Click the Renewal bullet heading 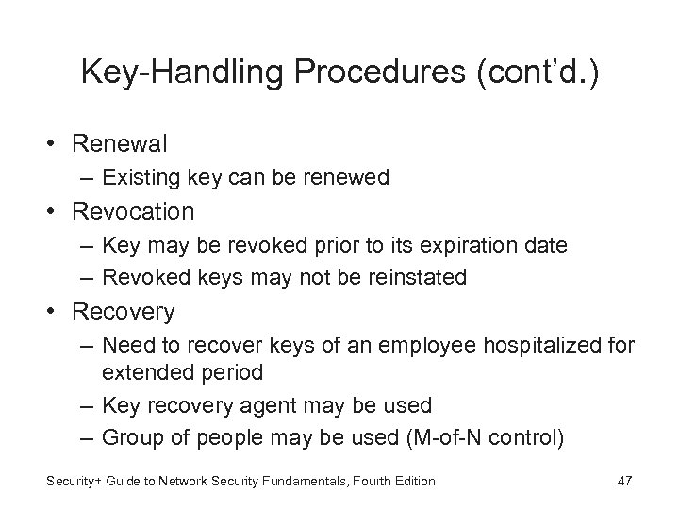point(120,143)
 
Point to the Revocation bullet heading point(133,211)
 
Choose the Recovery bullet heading point(123,310)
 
